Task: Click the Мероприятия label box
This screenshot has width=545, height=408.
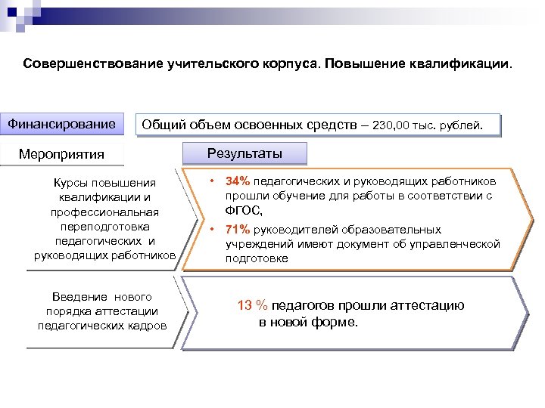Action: [x=62, y=154]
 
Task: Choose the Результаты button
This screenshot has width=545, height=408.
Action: [x=244, y=153]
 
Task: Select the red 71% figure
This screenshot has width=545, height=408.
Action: [x=237, y=230]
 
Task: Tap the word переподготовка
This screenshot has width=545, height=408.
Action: [x=105, y=226]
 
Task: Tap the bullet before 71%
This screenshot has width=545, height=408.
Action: [x=213, y=230]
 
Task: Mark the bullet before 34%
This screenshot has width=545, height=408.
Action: [x=213, y=182]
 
